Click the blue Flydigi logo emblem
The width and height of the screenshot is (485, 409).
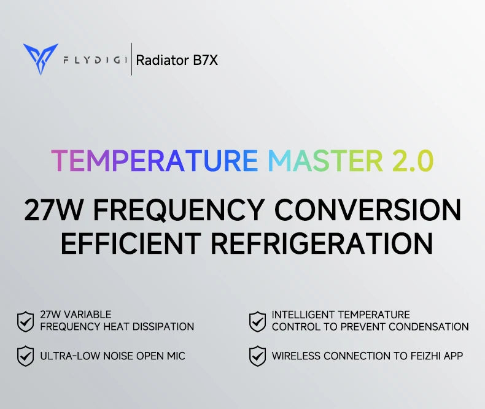pos(41,59)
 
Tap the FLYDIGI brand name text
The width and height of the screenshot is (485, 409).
pos(95,60)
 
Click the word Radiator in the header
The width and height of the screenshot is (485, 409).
pos(161,60)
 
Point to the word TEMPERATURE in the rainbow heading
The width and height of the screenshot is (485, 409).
pos(154,161)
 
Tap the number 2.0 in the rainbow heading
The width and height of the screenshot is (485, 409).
pos(412,161)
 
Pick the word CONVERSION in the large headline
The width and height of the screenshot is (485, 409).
pos(367,210)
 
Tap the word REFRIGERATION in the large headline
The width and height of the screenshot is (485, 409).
pos(322,243)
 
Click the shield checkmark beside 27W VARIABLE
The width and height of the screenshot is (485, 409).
pos(25,321)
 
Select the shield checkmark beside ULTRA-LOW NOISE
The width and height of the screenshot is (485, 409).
pos(25,356)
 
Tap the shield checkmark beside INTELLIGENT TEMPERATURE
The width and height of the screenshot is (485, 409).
pos(257,321)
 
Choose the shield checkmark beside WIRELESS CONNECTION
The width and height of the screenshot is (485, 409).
pos(257,356)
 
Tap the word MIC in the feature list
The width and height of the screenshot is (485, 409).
pos(175,356)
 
